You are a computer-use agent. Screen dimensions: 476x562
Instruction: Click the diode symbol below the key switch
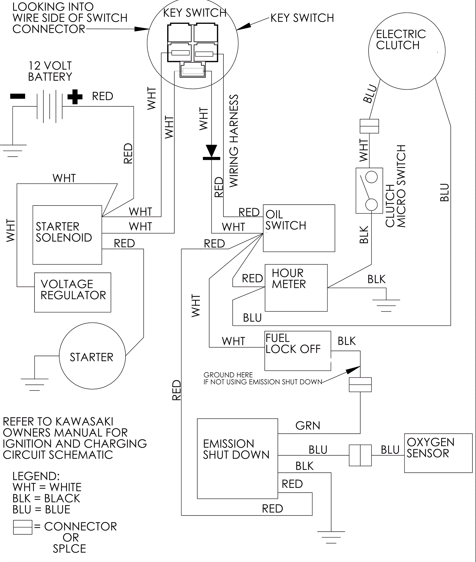click(212, 152)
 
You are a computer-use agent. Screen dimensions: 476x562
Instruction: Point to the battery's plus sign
click(75, 96)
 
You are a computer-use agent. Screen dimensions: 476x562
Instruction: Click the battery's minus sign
click(18, 96)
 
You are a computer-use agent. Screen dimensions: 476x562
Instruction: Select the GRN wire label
click(308, 426)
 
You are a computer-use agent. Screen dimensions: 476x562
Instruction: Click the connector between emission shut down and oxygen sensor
click(360, 455)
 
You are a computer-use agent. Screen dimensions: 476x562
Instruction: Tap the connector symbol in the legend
click(23, 527)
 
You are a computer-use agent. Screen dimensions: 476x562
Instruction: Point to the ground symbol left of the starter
click(35, 384)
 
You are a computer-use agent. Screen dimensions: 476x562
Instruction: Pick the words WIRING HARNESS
click(234, 141)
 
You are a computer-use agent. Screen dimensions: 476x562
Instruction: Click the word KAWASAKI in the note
click(84, 421)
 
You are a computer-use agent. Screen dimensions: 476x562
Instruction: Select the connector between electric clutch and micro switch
click(369, 126)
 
